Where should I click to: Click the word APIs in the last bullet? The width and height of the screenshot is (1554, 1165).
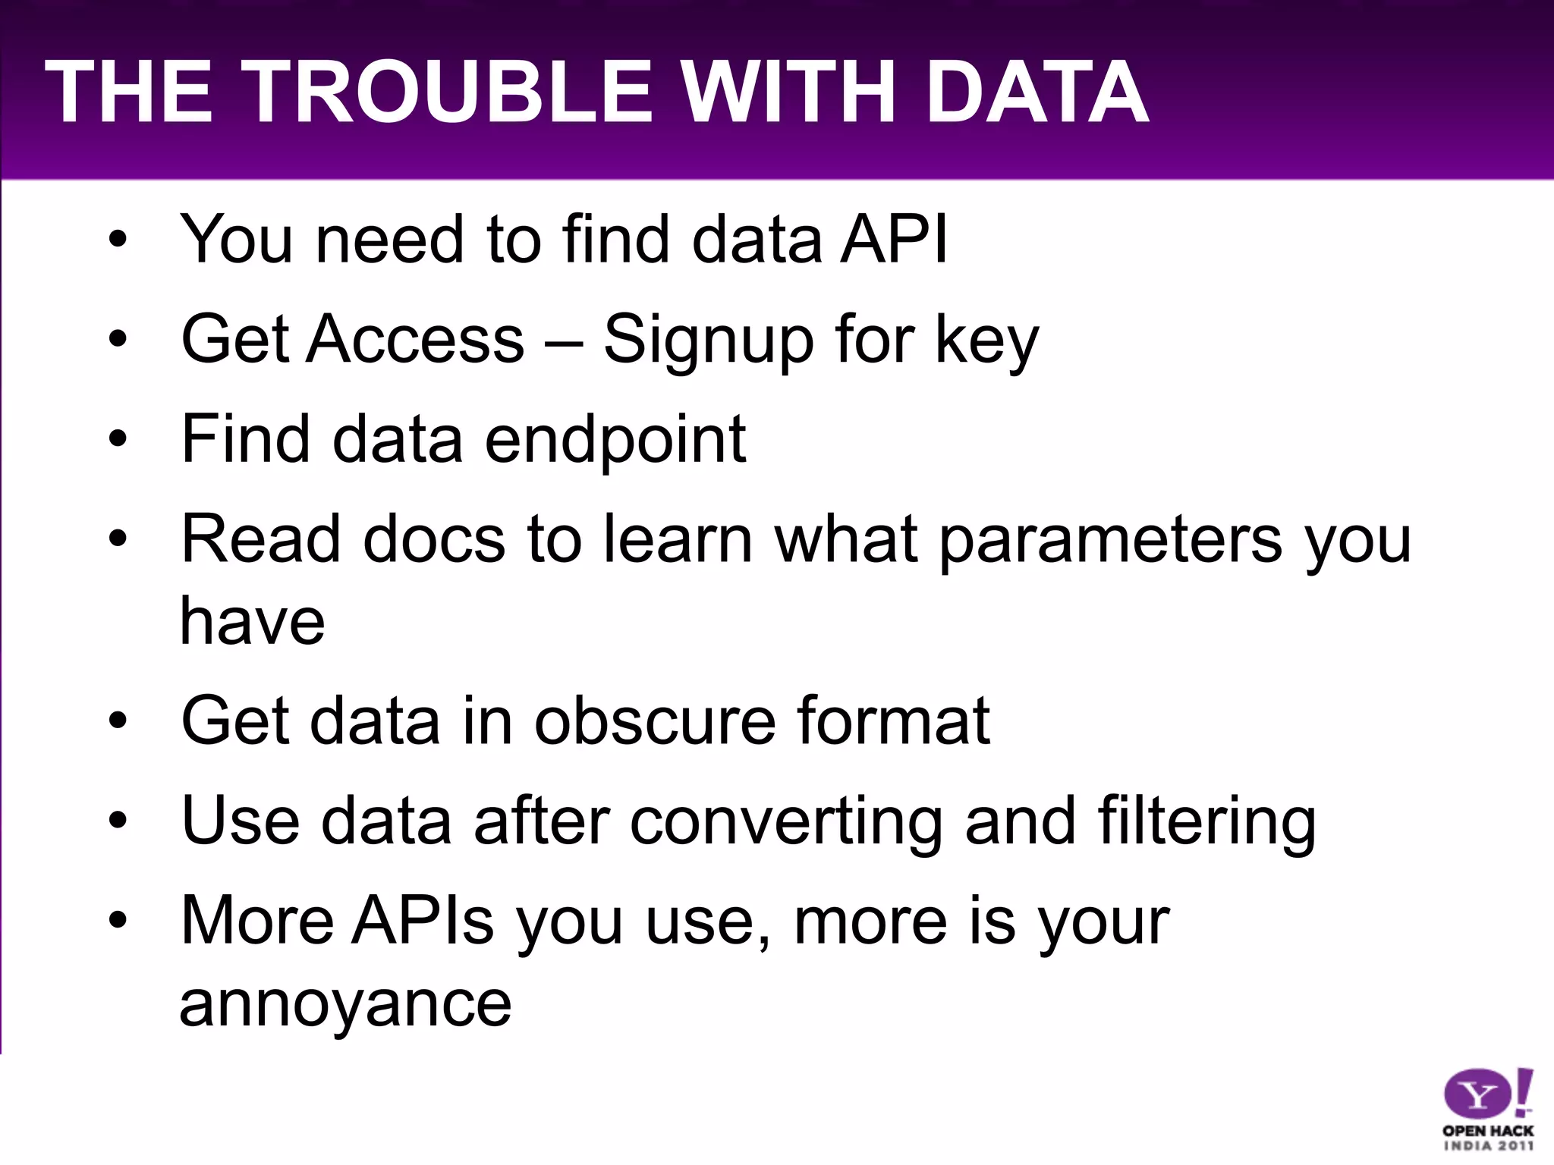(x=423, y=921)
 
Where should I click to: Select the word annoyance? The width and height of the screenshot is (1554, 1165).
(x=345, y=1004)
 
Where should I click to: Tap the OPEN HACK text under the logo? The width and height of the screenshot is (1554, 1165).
(x=1488, y=1131)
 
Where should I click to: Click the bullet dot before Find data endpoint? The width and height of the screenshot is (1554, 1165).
(x=118, y=439)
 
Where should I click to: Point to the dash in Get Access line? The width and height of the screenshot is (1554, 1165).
(x=564, y=341)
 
